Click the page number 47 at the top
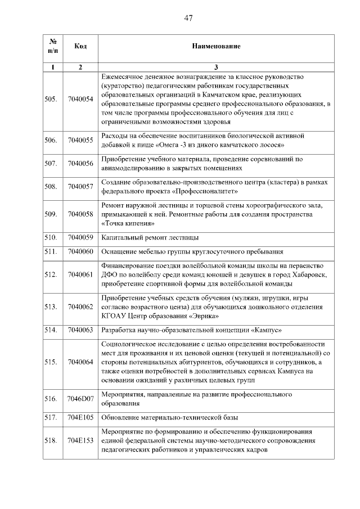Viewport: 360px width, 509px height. point(188,18)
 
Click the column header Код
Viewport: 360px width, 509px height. point(80,46)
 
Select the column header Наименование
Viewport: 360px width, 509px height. point(216,46)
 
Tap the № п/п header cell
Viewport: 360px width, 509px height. point(52,46)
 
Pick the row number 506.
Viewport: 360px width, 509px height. point(51,140)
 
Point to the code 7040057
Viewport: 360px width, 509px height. point(80,186)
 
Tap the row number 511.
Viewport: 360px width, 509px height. point(51,251)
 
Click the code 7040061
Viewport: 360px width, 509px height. point(80,274)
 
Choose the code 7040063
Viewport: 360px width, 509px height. point(80,330)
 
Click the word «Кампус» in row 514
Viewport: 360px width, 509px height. point(263,330)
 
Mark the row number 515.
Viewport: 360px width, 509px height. point(51,362)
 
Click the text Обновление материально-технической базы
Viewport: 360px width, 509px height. point(169,417)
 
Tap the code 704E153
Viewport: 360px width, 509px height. point(80,440)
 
